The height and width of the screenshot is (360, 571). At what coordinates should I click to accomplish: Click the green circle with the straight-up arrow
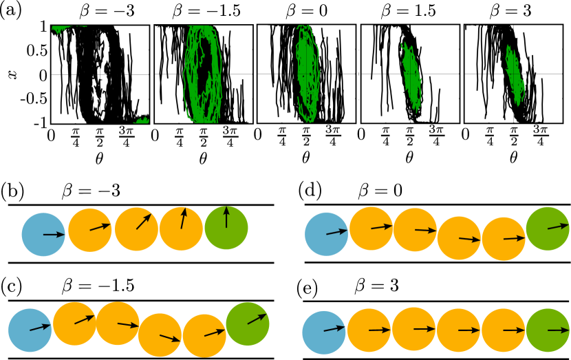point(226,227)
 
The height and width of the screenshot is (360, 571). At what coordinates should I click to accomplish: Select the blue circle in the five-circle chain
point(43,234)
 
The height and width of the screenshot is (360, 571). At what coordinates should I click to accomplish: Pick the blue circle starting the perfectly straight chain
point(325,331)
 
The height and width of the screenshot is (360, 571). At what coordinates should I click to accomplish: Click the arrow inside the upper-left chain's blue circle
point(52,235)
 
